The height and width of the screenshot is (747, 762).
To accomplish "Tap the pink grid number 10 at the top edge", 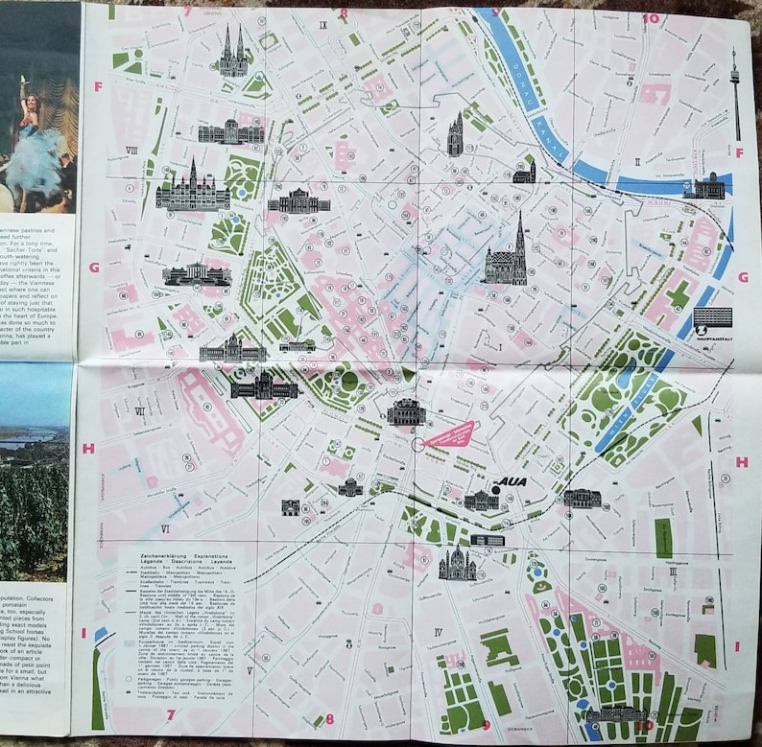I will point(650,17).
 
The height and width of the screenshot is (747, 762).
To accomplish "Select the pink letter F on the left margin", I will point(98,86).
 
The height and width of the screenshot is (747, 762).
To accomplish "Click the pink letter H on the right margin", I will point(742,461).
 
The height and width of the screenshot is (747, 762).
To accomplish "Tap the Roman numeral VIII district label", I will point(131,150).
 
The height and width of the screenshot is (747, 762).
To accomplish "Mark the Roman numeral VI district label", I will point(165,528).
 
